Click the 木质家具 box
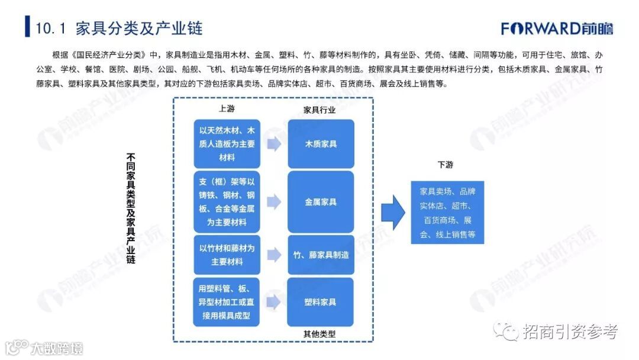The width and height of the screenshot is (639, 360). pos(321,144)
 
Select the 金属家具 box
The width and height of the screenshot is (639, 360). pos(321,202)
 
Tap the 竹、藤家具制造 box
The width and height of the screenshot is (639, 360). pos(321,255)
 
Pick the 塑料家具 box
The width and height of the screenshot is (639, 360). pos(321,302)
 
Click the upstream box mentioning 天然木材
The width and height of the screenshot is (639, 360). pos(227,143)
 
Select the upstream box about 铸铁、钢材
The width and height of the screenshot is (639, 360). pos(227,202)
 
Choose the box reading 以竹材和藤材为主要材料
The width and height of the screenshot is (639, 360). pos(227,255)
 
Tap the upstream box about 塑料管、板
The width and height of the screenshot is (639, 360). pos(227,302)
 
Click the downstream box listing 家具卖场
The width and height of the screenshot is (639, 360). pos(447,213)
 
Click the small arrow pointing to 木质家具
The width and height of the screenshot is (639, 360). pos(273,144)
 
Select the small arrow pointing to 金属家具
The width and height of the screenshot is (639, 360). pos(273,202)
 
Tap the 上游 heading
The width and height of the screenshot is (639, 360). pos(227,110)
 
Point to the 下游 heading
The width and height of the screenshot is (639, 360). pos(446,165)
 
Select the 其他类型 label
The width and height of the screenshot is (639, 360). pos(319,333)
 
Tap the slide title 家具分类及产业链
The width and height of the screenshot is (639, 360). pos(119,28)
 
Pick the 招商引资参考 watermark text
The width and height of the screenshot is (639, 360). pos(569,332)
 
